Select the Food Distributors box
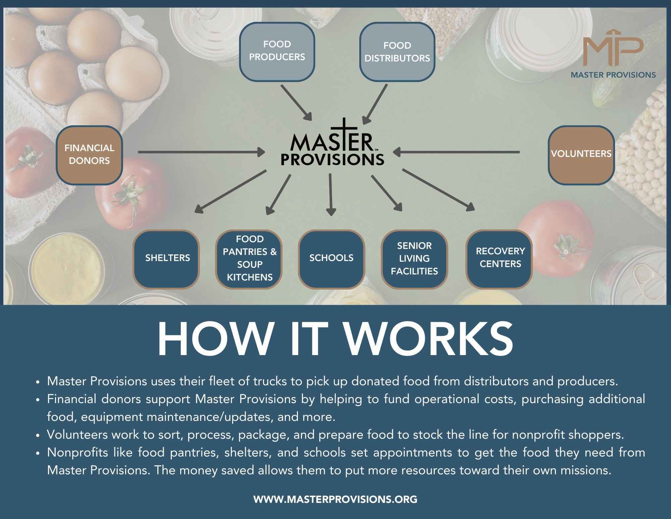[397, 52]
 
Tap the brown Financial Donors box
[89, 155]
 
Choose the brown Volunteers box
[581, 155]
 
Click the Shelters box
[167, 259]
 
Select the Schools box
[331, 259]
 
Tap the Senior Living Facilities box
[414, 259]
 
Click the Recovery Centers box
[500, 259]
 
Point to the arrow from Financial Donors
[201, 152]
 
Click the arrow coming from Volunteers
[456, 152]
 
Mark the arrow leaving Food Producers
[296, 102]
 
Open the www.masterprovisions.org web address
[335, 499]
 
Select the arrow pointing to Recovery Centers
[438, 189]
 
